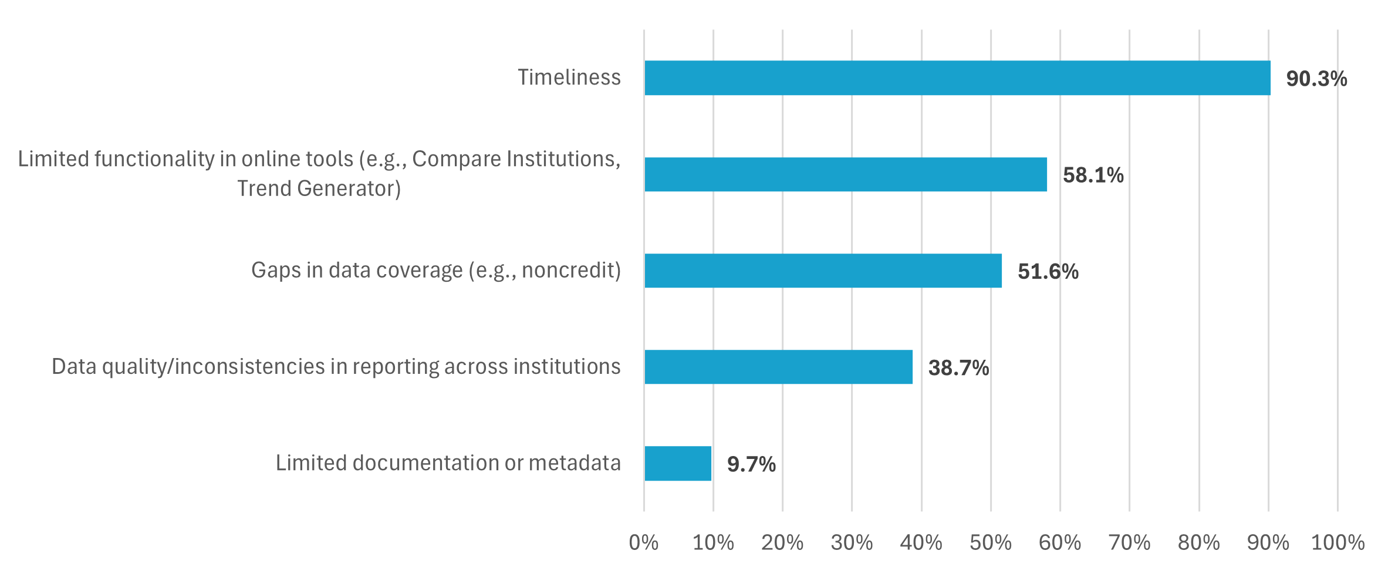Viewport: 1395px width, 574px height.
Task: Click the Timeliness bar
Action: (957, 78)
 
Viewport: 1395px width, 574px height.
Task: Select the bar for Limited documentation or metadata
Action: (678, 464)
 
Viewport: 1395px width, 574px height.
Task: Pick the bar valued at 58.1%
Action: (845, 174)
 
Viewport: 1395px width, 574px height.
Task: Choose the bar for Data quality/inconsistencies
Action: (778, 367)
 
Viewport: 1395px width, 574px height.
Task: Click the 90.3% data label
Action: (1316, 79)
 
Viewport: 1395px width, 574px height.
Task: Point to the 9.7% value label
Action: (751, 464)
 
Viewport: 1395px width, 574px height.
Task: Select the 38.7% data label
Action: (958, 368)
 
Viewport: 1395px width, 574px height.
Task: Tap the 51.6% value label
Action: (1048, 272)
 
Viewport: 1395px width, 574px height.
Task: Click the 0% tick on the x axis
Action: (643, 542)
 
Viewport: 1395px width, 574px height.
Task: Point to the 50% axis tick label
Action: (991, 542)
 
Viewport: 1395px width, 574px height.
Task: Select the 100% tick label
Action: (1337, 542)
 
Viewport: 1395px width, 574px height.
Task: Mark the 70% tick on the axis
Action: (1129, 542)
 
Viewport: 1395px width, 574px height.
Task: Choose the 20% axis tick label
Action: (782, 542)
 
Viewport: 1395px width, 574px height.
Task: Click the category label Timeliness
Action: (569, 77)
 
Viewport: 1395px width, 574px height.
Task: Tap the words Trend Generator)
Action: (319, 188)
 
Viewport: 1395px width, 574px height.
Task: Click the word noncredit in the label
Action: (567, 270)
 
